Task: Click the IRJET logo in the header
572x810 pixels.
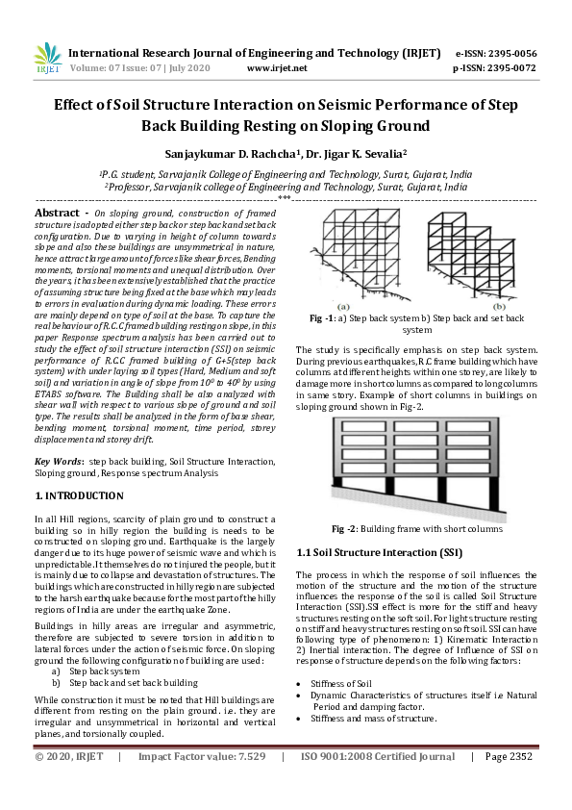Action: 47,60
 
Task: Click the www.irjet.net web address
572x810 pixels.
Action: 277,68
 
